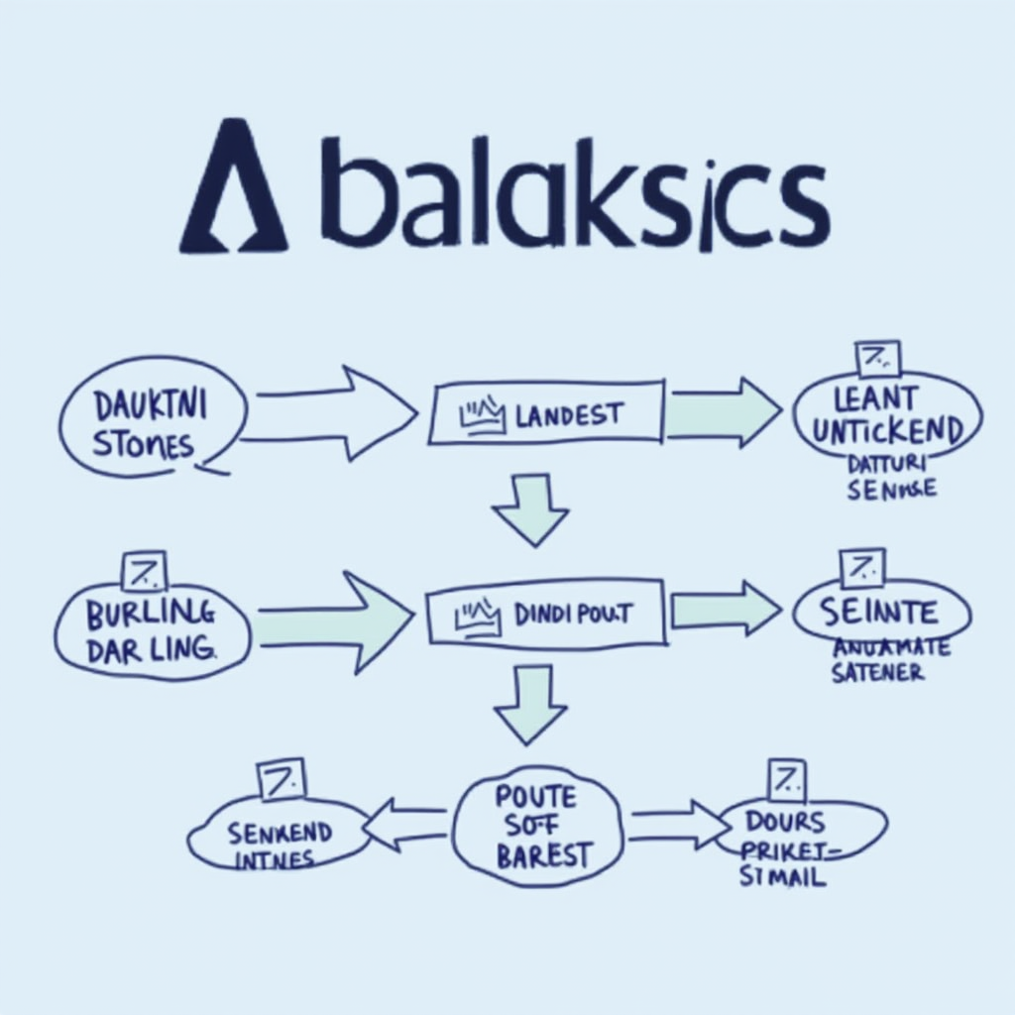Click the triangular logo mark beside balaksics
pos(233,188)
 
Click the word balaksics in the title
pos(575,198)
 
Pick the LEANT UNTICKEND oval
pos(887,416)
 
